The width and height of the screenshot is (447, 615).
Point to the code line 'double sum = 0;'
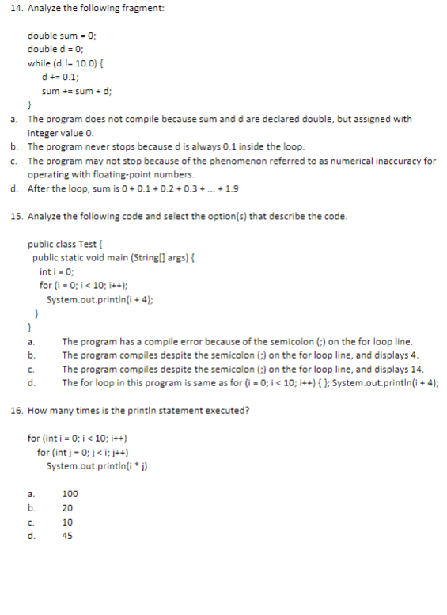tap(62, 36)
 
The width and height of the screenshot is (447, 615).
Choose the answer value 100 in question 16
tap(70, 493)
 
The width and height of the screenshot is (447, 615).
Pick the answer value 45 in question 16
tap(67, 536)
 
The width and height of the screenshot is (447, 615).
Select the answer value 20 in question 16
tap(67, 507)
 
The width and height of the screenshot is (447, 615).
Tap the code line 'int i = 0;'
tap(56, 271)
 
